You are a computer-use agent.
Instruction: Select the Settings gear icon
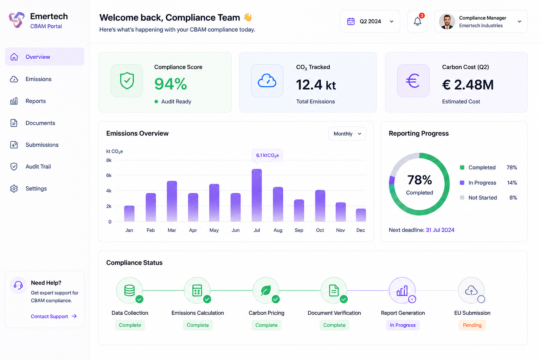[14, 188]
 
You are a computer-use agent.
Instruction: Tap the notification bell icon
[417, 21]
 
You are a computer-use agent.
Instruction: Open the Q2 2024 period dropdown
[370, 21]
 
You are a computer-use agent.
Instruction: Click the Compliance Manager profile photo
[447, 21]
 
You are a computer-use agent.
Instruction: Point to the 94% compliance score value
[171, 84]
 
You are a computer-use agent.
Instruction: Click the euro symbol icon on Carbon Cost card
[413, 81]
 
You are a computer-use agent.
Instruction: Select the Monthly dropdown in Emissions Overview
[347, 134]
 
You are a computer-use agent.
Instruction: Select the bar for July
[257, 195]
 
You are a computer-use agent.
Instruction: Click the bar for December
[361, 215]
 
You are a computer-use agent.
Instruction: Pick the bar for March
[172, 201]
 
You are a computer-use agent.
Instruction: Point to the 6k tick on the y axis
[109, 175]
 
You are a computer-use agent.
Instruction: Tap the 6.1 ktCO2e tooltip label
[267, 155]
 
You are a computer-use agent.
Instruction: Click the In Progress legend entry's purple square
[462, 182]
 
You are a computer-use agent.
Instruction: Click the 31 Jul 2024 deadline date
[440, 230]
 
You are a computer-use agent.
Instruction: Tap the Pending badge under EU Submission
[472, 325]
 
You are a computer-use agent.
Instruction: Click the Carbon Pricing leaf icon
[266, 290]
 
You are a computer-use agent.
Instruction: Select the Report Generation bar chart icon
[402, 290]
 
